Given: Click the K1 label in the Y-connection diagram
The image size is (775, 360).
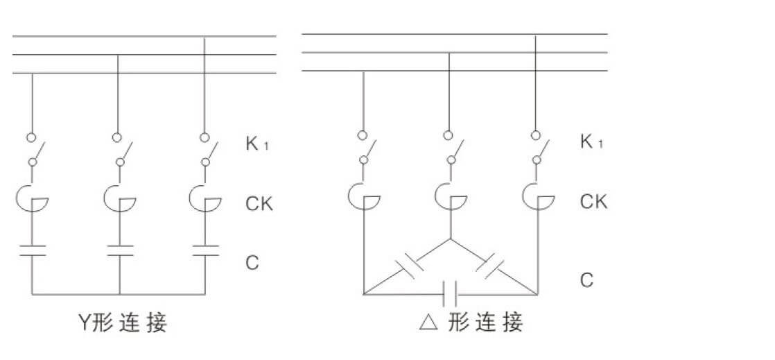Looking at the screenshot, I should (x=256, y=145).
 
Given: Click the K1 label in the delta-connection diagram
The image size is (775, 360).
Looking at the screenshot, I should (x=591, y=143).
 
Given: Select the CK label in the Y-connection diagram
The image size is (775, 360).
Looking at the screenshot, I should (x=259, y=204).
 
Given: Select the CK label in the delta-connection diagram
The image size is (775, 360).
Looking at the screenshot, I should (x=593, y=202).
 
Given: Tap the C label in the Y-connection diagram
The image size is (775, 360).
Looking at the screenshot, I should (x=252, y=263).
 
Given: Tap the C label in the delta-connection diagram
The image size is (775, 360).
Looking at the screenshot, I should (x=586, y=281).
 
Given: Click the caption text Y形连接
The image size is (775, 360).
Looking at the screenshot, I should (x=122, y=323).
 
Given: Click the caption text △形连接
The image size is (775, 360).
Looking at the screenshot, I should (x=471, y=323).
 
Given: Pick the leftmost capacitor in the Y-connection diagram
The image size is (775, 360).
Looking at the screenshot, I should (x=33, y=250).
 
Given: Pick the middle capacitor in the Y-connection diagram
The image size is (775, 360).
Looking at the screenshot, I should (x=120, y=250).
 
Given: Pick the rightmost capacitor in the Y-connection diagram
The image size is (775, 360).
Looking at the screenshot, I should (x=205, y=250).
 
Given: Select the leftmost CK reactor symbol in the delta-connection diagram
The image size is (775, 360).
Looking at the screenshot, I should (x=363, y=196).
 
